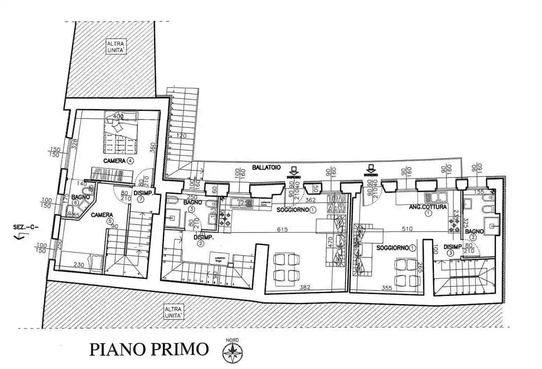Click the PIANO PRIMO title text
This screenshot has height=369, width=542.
(149, 350)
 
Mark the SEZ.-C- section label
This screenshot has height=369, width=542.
(26, 227)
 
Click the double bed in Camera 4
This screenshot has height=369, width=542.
(121, 128)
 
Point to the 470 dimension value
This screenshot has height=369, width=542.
(331, 242)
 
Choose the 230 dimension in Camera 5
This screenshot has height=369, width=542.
(79, 265)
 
